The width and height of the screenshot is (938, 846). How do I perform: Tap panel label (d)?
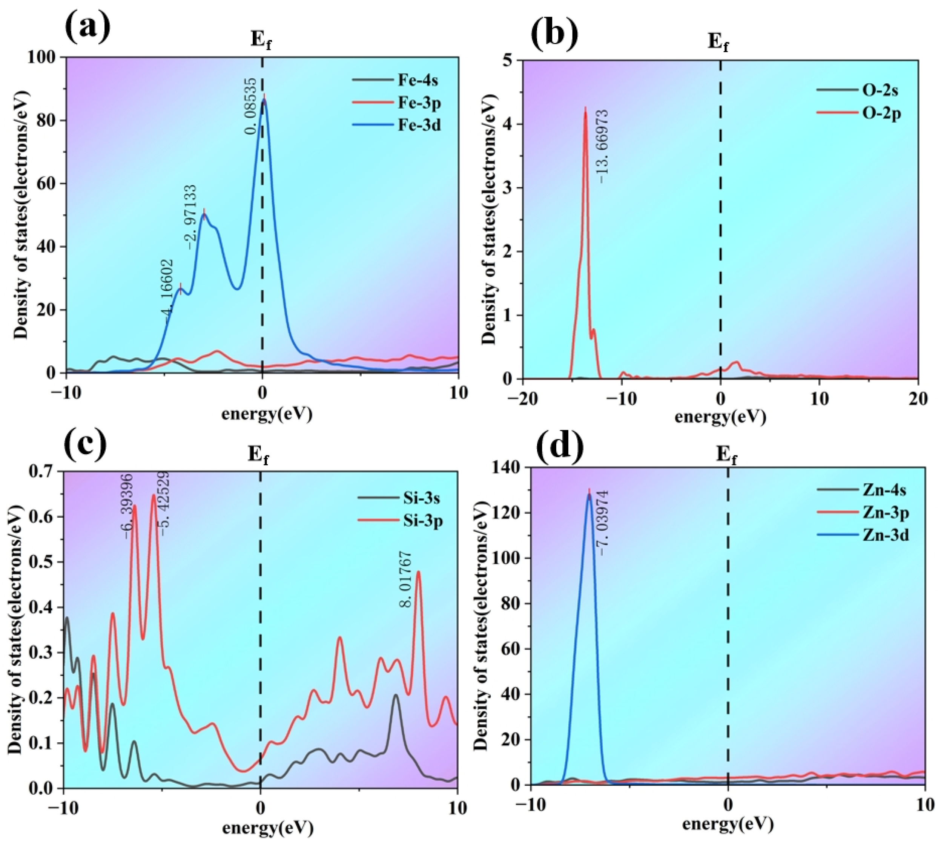559,445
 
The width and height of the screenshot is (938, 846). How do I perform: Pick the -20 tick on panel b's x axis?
523,398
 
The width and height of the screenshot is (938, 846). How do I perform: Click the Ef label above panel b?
718,43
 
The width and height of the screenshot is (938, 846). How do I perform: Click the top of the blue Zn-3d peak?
589,495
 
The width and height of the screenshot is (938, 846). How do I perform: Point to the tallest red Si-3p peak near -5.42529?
154,495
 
